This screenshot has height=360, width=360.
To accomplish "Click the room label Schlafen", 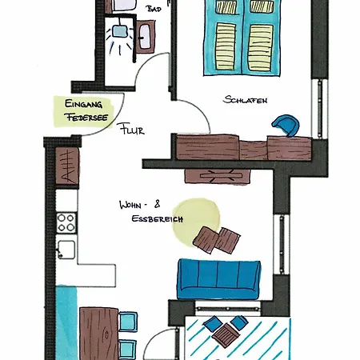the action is click(245, 100).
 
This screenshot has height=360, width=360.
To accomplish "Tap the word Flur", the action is click(132, 129).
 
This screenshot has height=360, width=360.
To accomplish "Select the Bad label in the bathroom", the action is click(154, 9).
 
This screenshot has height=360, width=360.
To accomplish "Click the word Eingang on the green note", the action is click(83, 104).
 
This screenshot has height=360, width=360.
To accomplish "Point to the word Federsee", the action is click(87, 117).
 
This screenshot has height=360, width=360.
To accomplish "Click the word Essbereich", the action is click(158, 219).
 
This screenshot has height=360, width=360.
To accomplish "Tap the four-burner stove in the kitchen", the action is click(66, 222).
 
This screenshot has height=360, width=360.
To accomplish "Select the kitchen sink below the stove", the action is click(66, 250).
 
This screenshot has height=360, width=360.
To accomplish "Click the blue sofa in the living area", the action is click(218, 279).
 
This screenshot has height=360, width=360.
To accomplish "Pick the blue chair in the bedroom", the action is click(286, 125).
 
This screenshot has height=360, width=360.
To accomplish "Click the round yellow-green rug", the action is click(196, 222).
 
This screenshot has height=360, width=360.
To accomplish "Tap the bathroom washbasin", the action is click(145, 37).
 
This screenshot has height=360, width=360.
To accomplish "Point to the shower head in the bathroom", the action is click(119, 31).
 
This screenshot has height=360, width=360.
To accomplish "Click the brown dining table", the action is click(99, 334).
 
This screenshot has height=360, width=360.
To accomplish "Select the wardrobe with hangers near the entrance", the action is click(67, 166).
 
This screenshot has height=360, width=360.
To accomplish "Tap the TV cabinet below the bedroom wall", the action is click(218, 177).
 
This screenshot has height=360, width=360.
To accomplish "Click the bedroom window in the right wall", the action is click(320, 109).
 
